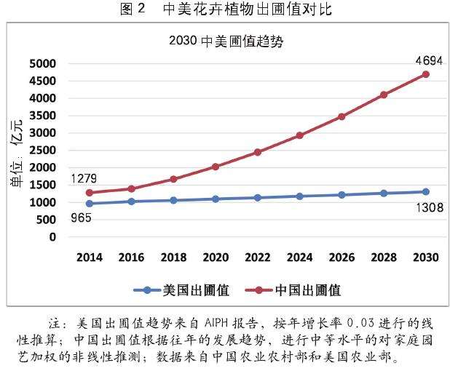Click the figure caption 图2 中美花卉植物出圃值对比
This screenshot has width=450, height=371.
pyautogui.click(x=225, y=9)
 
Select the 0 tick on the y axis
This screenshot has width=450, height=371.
pyautogui.click(x=51, y=237)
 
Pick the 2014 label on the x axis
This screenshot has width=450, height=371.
pyautogui.click(x=90, y=257)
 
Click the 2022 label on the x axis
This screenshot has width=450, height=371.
pyautogui.click(x=258, y=257)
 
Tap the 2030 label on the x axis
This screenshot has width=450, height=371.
pyautogui.click(x=425, y=257)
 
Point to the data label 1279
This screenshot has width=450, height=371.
pyautogui.click(x=84, y=178)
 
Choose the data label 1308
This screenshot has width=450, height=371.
pyautogui.click(x=420, y=208)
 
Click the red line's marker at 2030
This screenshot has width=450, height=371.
pyautogui.click(x=425, y=74)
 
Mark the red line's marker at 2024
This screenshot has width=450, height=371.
pyautogui.click(x=299, y=135)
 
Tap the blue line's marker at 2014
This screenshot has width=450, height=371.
pyautogui.click(x=90, y=204)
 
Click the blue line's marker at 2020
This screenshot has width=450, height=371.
pyautogui.click(x=216, y=199)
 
